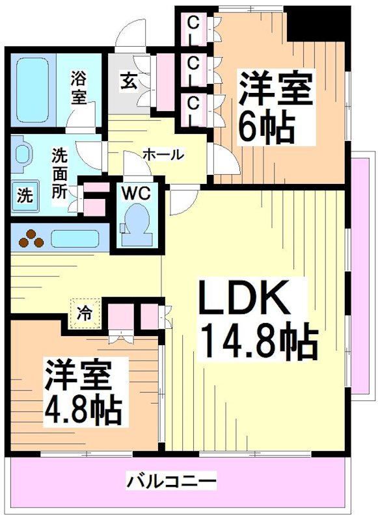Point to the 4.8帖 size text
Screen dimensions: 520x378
(81, 408)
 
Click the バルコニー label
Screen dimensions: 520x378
(171, 482)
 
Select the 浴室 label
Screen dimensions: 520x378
(79, 88)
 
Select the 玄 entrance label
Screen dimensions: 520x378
(126, 81)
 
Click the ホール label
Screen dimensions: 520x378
(163, 155)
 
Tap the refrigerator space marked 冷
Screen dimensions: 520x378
(85, 313)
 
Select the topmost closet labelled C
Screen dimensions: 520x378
(193, 24)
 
